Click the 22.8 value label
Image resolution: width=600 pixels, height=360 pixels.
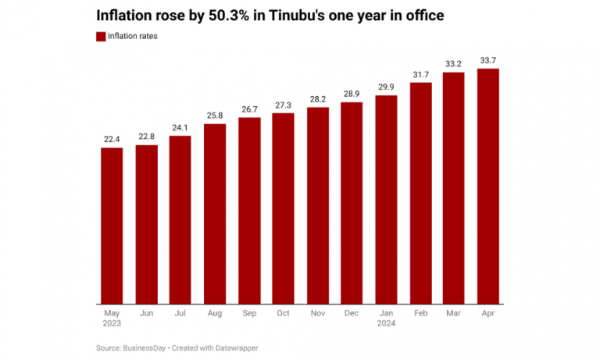point(146,137)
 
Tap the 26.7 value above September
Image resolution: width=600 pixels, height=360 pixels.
point(249,109)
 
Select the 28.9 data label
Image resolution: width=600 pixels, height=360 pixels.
point(352,94)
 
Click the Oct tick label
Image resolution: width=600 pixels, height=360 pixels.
point(284,312)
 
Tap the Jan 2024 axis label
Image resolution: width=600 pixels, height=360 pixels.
point(386,317)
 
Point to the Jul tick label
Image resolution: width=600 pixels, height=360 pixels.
point(180,312)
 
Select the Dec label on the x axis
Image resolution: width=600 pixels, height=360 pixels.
point(352,312)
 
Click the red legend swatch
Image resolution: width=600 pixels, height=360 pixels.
point(101,37)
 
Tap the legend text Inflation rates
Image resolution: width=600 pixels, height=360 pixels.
point(133,37)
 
